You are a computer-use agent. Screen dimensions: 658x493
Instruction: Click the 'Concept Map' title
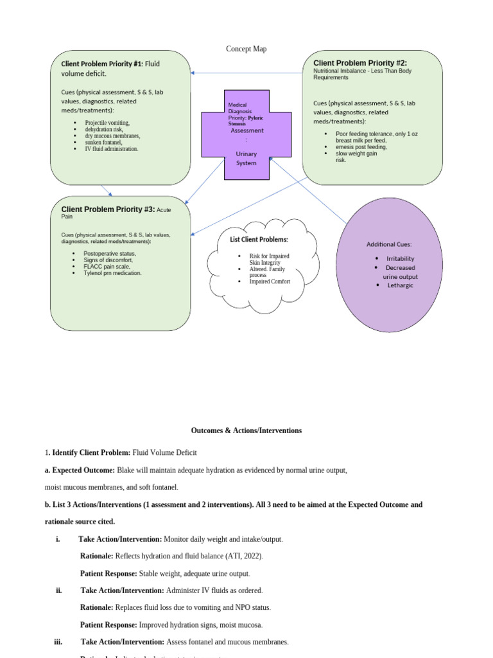(246, 49)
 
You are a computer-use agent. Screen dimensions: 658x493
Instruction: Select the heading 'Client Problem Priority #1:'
(102, 64)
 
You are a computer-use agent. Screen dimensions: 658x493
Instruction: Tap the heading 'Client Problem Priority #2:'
(359, 63)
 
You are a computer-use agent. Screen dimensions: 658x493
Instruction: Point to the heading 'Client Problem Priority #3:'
(108, 209)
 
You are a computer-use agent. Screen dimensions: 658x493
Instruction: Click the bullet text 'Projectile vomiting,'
(107, 123)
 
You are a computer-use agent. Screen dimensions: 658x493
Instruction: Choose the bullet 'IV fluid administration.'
(111, 148)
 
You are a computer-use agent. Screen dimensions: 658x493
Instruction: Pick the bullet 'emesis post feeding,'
(361, 147)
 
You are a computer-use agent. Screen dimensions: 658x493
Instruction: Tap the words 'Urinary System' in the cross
(246, 159)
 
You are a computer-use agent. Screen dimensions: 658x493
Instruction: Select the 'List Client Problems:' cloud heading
(259, 240)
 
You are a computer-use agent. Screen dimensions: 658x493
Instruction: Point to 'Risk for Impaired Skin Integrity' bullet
(269, 259)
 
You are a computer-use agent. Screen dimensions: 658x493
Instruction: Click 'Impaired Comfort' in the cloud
(270, 281)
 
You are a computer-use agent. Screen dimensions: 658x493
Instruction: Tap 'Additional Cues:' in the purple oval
(389, 244)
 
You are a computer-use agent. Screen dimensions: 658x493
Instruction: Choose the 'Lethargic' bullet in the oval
(400, 285)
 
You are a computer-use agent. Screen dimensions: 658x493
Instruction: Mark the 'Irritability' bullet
(400, 258)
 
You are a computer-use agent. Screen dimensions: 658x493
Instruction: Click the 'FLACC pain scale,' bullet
(107, 267)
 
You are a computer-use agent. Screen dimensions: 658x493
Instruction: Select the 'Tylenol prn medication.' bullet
(112, 273)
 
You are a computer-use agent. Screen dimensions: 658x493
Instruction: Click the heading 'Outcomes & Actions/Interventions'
(246, 431)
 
